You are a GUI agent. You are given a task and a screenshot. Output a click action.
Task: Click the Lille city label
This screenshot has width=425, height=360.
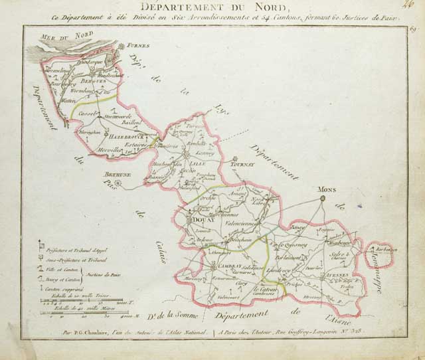tap(198, 161)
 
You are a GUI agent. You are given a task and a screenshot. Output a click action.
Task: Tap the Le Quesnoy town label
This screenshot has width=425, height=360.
tap(288, 244)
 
